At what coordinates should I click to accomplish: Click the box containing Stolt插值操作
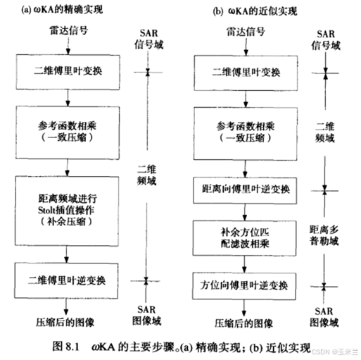(x=67, y=211)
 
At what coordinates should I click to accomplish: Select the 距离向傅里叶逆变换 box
(x=245, y=190)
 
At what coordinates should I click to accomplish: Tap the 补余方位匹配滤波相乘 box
(x=244, y=238)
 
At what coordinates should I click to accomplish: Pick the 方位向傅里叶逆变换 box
(x=244, y=286)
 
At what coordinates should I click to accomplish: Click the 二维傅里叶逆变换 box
(x=66, y=280)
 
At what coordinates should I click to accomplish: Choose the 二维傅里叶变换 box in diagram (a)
(x=68, y=72)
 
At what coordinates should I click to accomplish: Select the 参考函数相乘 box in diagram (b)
(x=246, y=134)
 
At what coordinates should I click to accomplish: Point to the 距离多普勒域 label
(x=324, y=235)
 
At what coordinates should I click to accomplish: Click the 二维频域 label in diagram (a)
(x=146, y=175)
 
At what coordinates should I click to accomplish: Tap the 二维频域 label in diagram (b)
(x=325, y=132)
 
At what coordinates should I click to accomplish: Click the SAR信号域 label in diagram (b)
(x=326, y=40)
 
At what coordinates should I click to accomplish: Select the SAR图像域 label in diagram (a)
(x=146, y=316)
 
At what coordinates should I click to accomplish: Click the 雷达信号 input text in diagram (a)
(x=69, y=30)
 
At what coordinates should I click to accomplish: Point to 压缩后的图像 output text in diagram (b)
(x=244, y=323)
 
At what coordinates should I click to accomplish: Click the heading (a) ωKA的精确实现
(x=62, y=10)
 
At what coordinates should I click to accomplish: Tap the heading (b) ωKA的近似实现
(x=255, y=11)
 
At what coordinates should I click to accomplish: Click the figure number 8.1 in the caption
(x=72, y=347)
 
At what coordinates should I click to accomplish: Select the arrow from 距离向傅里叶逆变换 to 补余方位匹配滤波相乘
(x=245, y=212)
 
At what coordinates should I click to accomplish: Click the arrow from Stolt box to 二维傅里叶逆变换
(x=66, y=254)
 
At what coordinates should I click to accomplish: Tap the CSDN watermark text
(x=335, y=352)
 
